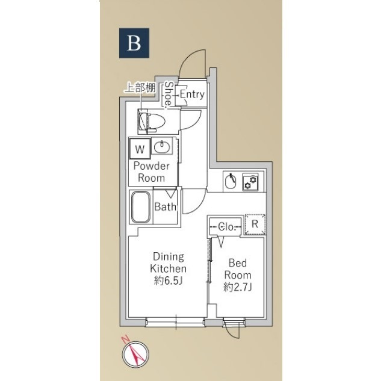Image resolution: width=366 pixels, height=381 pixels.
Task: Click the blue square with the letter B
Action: click(x=134, y=43)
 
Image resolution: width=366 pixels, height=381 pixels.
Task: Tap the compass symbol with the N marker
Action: click(x=135, y=353)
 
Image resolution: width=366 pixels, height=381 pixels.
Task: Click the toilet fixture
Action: click(x=152, y=121)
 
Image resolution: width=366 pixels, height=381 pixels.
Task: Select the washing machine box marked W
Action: click(x=140, y=149)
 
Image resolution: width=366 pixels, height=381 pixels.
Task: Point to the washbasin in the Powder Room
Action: click(x=162, y=146)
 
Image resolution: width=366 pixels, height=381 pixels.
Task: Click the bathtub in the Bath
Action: click(x=141, y=207)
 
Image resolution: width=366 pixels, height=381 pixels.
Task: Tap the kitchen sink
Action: click(x=231, y=181)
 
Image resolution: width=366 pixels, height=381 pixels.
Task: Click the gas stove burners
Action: click(x=250, y=182)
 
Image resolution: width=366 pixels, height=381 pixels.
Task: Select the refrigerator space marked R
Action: click(x=255, y=225)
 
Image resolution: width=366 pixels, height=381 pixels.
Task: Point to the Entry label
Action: click(x=192, y=94)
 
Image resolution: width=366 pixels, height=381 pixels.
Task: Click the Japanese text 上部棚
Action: click(x=140, y=88)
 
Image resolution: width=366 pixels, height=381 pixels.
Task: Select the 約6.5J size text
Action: click(x=168, y=281)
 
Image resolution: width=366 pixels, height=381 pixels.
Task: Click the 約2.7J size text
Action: click(x=237, y=288)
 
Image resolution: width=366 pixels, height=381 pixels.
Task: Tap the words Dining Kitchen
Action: click(x=168, y=262)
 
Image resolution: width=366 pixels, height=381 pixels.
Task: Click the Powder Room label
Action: click(x=152, y=172)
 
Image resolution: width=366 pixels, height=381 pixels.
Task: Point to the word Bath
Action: click(x=165, y=207)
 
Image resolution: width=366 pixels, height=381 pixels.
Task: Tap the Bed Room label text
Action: click(x=237, y=269)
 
